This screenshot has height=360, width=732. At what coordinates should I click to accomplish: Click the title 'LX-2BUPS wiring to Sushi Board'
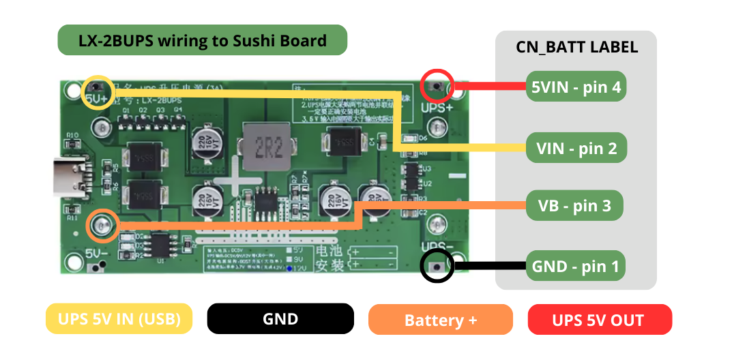tap(203, 40)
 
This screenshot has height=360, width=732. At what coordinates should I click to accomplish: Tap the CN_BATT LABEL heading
tap(576, 47)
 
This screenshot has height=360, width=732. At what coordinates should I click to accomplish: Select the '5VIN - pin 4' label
tap(576, 87)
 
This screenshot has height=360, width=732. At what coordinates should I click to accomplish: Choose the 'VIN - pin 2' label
tap(576, 148)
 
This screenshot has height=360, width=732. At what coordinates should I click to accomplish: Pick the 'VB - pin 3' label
tap(574, 205)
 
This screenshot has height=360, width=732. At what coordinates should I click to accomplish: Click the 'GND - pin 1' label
tap(576, 267)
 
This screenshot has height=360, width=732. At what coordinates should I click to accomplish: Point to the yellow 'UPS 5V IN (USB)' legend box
tap(119, 319)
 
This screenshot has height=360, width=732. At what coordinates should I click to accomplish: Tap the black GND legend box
tap(280, 319)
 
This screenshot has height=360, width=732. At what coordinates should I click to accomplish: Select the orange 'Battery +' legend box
tap(440, 320)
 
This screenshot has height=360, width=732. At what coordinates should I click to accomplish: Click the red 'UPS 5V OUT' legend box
tap(600, 320)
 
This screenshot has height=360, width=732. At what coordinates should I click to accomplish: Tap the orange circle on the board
tap(103, 226)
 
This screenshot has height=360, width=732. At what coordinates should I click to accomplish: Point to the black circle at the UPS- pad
tap(437, 266)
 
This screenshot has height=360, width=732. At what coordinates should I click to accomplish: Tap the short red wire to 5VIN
tap(489, 87)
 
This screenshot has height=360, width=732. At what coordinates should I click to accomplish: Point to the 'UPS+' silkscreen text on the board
tap(437, 108)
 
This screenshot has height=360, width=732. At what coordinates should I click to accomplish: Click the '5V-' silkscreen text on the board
tap(93, 254)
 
